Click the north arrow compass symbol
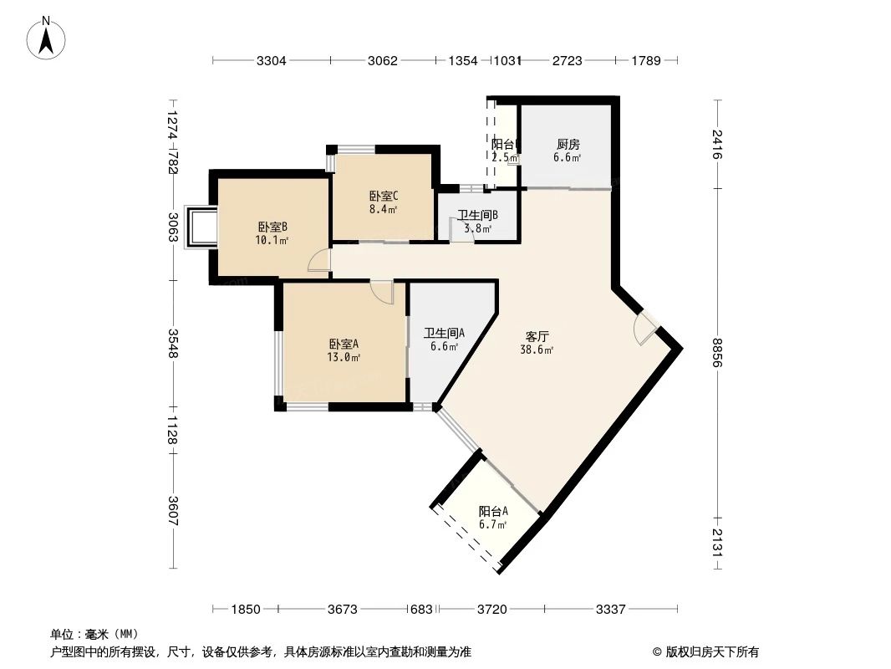coord(48,37)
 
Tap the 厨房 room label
coord(567,144)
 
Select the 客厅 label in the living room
coord(537,336)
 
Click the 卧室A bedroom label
coord(344,344)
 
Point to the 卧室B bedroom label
coord(272,227)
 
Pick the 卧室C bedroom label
coord(383,197)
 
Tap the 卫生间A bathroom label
coord(444,332)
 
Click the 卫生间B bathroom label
coord(477,215)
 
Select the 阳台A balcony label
coord(493,512)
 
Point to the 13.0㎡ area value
coord(344,358)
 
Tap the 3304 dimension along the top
coord(272,60)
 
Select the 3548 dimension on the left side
coord(173,344)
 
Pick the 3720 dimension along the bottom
coord(492,610)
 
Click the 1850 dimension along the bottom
coord(246,610)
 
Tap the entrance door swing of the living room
coord(645,329)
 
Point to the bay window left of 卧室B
coord(201,226)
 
